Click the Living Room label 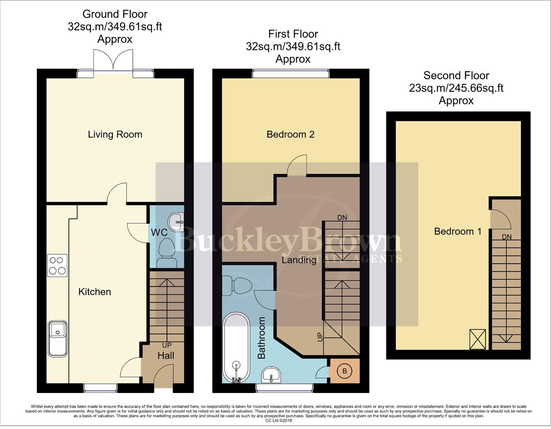pos(115,134)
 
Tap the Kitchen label pos(94,292)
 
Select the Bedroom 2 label pos(291,134)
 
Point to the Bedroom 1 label pos(458,231)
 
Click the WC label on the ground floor pos(159,233)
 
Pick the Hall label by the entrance pos(166,355)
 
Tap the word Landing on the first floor pos(299,260)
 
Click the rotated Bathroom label pos(261,338)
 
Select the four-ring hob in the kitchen pos(57,266)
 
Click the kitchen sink pos(58,338)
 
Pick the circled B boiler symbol pos(345,371)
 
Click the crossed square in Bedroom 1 pos(477,339)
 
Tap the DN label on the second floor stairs pos(507,237)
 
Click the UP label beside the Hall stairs pos(166,345)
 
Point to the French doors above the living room pos(113,61)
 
